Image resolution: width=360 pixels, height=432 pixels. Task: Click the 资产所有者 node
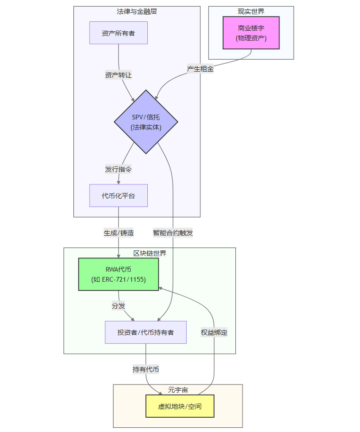[x=118, y=33]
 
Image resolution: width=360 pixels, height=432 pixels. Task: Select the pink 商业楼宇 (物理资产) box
[x=251, y=33]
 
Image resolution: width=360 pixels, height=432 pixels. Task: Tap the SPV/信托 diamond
[x=146, y=122]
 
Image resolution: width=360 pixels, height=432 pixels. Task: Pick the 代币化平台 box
[x=118, y=195]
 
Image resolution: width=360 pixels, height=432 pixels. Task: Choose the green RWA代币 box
[x=118, y=274]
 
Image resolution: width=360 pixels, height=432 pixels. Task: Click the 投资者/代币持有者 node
[x=145, y=332]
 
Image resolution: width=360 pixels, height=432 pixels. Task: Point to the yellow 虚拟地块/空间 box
[x=180, y=406]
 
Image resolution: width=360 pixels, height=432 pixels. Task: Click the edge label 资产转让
[x=118, y=75]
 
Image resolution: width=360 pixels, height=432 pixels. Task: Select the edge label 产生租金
[x=200, y=69]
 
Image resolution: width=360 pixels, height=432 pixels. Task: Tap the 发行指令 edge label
[x=118, y=169]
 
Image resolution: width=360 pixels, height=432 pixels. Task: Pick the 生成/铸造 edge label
[x=118, y=233]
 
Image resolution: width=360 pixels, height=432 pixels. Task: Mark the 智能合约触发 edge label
[x=173, y=233]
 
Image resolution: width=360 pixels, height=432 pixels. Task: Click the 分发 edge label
[x=118, y=306]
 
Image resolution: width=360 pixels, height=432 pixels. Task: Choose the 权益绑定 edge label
[x=214, y=332]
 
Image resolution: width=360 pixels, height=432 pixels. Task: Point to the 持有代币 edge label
[x=146, y=369]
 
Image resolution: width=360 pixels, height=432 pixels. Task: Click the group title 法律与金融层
[x=137, y=11]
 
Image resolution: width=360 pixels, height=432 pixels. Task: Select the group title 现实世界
[x=251, y=11]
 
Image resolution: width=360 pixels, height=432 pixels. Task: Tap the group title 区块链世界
[x=150, y=253]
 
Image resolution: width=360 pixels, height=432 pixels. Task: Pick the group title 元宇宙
[x=178, y=390]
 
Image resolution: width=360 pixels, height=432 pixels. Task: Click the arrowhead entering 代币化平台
[x=118, y=182]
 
